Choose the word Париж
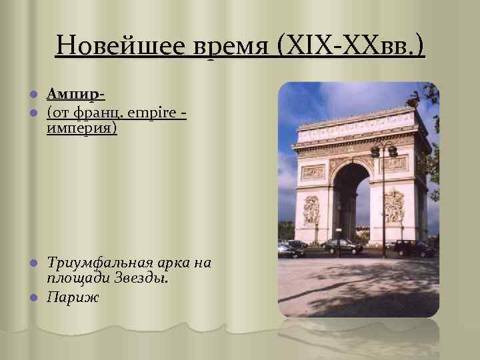coord(73,296)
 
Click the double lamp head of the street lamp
coord(384,150)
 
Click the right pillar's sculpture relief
coord(393,207)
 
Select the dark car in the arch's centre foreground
coord(341,246)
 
